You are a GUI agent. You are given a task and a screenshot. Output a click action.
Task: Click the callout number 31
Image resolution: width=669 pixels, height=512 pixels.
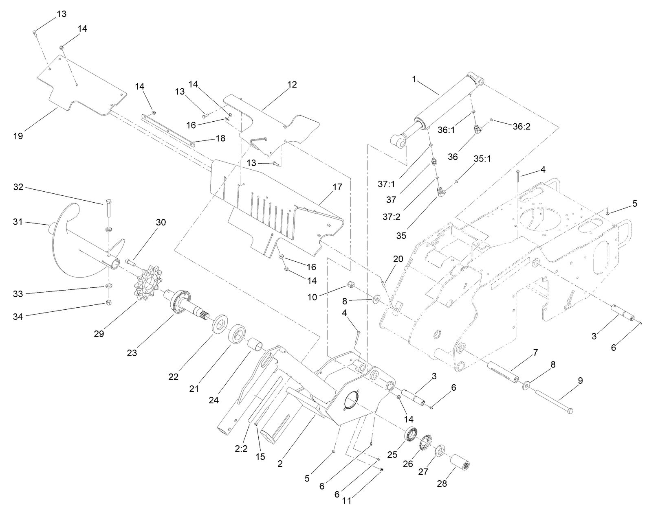pos(18,222)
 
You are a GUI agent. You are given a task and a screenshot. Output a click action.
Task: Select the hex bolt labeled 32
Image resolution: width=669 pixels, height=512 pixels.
pos(108,209)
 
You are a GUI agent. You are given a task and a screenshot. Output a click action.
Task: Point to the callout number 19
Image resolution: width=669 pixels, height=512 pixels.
pos(18,136)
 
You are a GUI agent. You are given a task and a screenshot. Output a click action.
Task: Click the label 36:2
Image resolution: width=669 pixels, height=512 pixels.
pos(522,127)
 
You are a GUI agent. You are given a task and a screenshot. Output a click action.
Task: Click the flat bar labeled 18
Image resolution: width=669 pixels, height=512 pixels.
pos(167,129)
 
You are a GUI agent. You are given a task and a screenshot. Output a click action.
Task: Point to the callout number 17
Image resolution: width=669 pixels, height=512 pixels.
pos(337,187)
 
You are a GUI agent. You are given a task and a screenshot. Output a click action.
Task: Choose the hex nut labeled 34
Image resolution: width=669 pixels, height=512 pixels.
pos(109,302)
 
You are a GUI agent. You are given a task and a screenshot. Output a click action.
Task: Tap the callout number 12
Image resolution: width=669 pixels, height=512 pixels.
pos(292,85)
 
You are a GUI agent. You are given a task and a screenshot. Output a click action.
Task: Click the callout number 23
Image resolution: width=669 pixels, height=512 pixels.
pos(132,352)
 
